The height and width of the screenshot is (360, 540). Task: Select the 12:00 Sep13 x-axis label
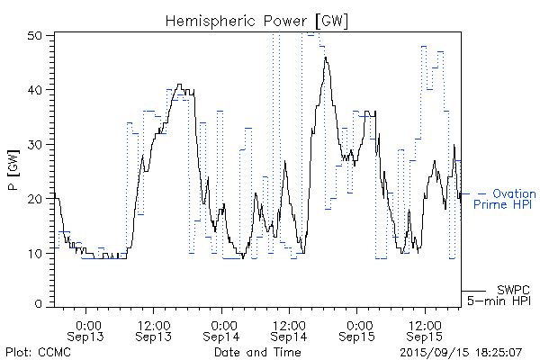point(154,329)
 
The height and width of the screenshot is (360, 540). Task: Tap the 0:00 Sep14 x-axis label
point(221,329)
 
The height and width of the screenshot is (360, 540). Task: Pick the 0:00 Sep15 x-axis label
point(357,329)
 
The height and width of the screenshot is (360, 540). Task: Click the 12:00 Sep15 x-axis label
point(425,329)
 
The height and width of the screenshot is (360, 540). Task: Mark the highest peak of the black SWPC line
point(326,58)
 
